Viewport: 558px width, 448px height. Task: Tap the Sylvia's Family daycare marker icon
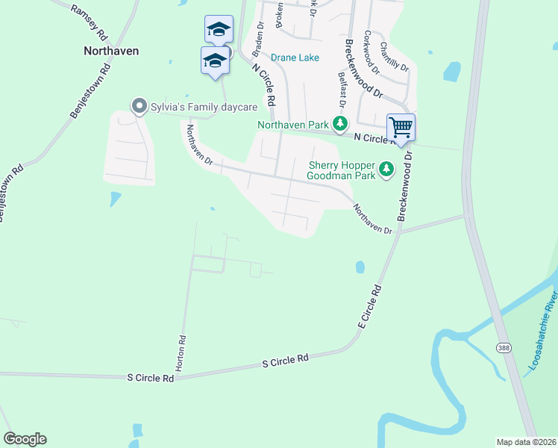tap(138, 107)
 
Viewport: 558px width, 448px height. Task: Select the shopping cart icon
tap(401, 127)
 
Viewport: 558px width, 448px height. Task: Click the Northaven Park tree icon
tap(341, 125)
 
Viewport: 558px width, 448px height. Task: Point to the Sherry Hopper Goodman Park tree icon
tap(386, 170)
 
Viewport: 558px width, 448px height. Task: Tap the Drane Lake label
tap(295, 57)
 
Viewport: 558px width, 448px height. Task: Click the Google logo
tap(25, 439)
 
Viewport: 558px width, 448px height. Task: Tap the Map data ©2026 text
tap(526, 442)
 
